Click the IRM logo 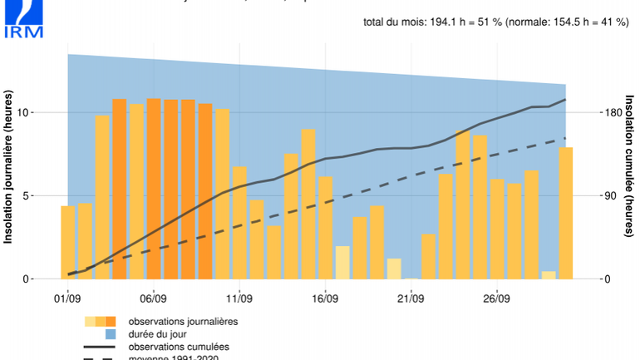pyautogui.click(x=22, y=19)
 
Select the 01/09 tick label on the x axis pyautogui.click(x=67, y=297)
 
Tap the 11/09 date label pyautogui.click(x=239, y=297)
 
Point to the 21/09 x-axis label pyautogui.click(x=411, y=297)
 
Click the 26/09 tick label pyautogui.click(x=496, y=297)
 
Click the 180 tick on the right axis pyautogui.click(x=613, y=112)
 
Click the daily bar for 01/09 pyautogui.click(x=68, y=242)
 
